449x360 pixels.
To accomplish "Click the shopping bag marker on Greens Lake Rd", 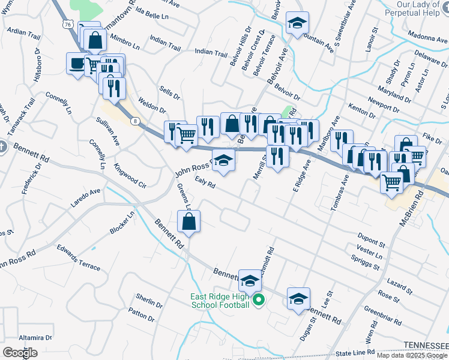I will click(188, 221).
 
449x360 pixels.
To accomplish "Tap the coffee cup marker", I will click(77, 63).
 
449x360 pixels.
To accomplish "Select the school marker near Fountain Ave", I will click(297, 23).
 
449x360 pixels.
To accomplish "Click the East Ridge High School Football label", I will click(220, 301).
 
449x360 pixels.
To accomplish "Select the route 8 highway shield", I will click(136, 121).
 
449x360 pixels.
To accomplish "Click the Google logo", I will click(20, 352).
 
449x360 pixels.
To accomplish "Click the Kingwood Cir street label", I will click(130, 175).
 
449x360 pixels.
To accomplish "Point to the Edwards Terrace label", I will click(79, 257).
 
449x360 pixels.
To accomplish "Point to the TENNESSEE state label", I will click(425, 345).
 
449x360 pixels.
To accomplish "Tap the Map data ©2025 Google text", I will click(412, 355).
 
